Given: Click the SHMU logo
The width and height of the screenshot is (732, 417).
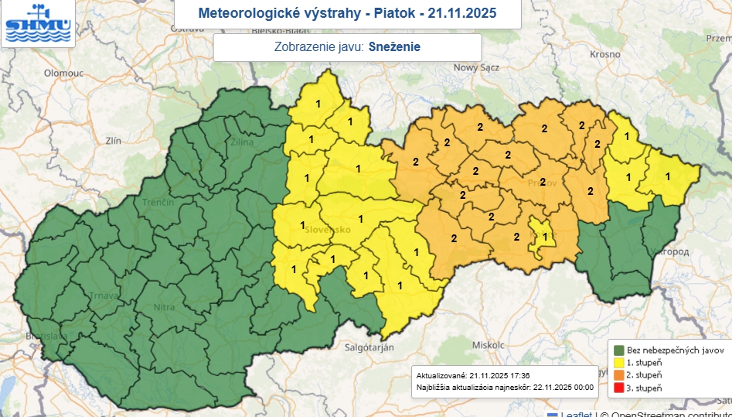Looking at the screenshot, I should pyautogui.click(x=37, y=23).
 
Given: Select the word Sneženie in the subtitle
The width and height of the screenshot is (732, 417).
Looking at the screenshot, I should pyautogui.click(x=394, y=46).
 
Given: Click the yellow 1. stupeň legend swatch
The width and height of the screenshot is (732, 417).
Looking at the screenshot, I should pyautogui.click(x=620, y=361).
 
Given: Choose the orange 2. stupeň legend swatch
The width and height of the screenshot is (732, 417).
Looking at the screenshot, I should pyautogui.click(x=620, y=374).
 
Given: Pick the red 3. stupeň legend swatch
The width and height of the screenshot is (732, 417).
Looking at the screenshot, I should pyautogui.click(x=620, y=387).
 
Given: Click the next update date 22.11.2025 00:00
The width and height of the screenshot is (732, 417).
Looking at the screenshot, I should pyautogui.click(x=563, y=386).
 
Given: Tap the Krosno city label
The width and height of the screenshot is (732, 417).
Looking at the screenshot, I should pyautogui.click(x=605, y=54).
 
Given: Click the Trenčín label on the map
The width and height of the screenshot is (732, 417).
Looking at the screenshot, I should pyautogui.click(x=158, y=202).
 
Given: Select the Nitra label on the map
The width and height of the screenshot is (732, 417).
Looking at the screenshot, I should pyautogui.click(x=165, y=307).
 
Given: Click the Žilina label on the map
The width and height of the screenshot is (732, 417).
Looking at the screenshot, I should pyautogui.click(x=243, y=142).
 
